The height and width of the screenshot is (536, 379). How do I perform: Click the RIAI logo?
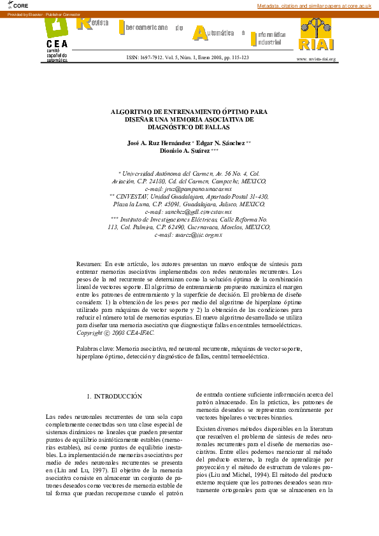coord(316,36)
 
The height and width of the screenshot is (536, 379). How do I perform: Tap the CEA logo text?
coord(57,43)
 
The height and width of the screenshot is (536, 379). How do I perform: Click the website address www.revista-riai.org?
coord(316,59)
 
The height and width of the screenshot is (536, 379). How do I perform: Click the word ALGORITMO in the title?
coord(134,110)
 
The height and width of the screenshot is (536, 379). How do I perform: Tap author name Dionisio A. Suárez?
coord(184,151)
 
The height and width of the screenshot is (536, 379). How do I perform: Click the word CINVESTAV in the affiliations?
coord(136,197)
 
